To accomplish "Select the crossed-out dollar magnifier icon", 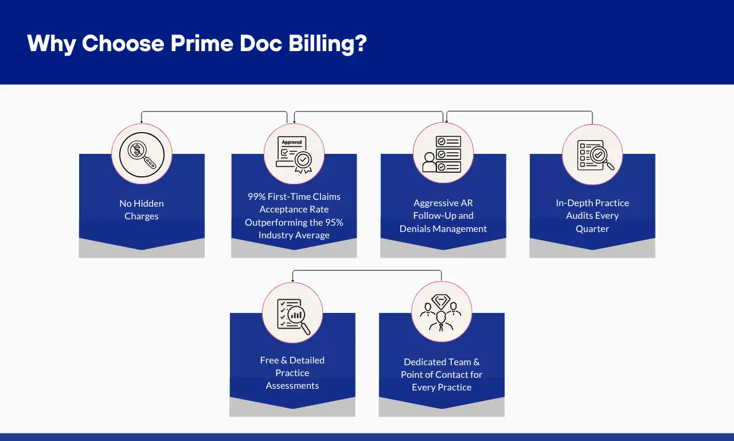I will (142, 154).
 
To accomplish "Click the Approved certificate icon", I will (294, 154).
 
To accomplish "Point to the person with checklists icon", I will (443, 154).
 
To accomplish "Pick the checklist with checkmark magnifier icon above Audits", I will (592, 154).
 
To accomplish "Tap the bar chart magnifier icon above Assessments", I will (292, 313).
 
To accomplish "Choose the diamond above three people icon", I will (442, 313).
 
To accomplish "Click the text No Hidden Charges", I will (142, 210).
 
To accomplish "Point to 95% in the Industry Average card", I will (333, 222).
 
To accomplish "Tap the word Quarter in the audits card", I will (592, 229).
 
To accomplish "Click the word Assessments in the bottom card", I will (292, 385).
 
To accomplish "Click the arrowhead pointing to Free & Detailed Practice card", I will (293, 280).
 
